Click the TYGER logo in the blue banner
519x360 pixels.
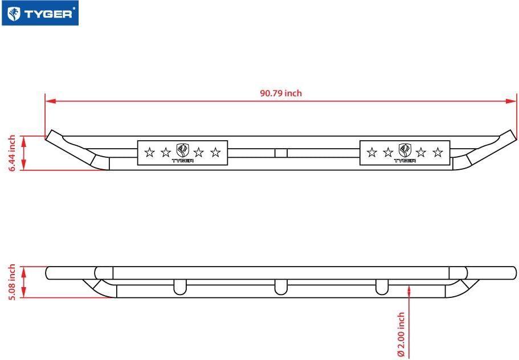[40, 13]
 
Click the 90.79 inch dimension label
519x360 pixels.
[281, 93]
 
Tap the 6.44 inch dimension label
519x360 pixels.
[12, 153]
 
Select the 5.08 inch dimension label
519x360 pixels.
[12, 282]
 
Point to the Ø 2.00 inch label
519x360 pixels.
[401, 334]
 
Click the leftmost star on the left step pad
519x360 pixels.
[150, 153]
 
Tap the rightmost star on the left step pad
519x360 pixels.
[215, 153]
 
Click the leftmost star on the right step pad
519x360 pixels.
[372, 153]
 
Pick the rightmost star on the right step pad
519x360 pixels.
[438, 153]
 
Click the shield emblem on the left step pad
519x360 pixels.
[182, 150]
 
